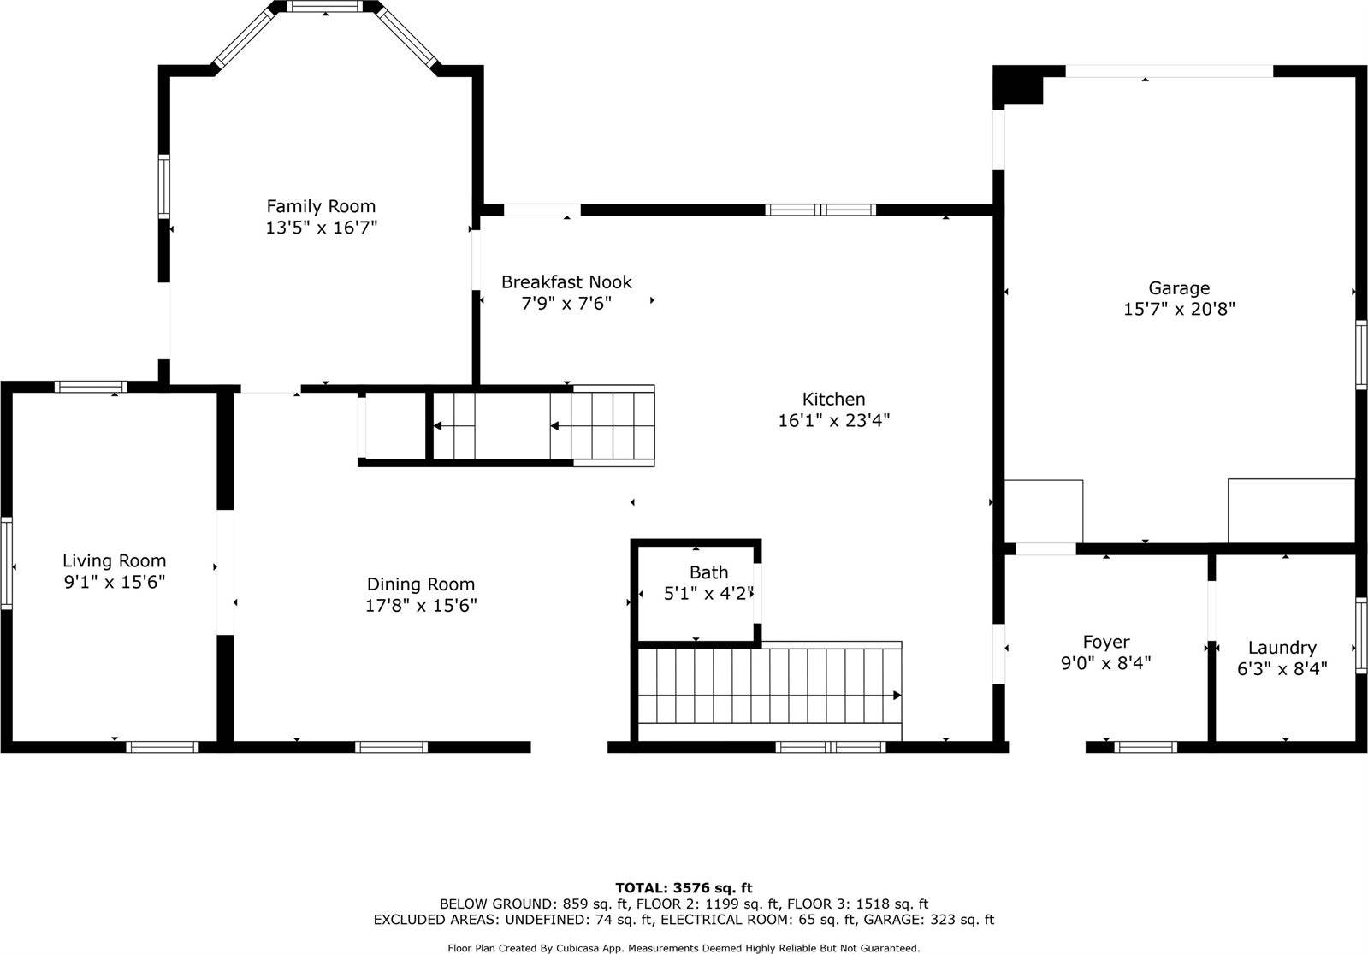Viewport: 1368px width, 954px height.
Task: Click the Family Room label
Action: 321,206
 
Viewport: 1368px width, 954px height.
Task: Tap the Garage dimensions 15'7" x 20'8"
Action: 1179,310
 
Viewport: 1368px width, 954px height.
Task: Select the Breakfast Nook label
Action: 566,281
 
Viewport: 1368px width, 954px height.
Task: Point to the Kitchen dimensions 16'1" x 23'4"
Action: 833,421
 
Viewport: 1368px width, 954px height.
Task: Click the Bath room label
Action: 708,572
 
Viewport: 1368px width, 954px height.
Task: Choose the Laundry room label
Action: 1282,648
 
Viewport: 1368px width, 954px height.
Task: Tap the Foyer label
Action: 1105,642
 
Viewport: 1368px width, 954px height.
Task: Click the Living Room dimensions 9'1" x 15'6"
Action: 114,583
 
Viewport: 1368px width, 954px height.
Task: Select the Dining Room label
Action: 420,584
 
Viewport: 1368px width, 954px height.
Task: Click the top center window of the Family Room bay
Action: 325,6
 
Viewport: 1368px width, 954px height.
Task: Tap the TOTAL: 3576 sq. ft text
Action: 684,888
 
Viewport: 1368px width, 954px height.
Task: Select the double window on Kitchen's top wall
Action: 820,210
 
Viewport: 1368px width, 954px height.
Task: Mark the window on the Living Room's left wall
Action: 6,562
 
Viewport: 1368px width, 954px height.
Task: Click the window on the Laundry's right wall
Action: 1361,635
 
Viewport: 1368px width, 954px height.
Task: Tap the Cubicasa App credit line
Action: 684,948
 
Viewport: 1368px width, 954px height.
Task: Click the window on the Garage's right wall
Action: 1361,354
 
